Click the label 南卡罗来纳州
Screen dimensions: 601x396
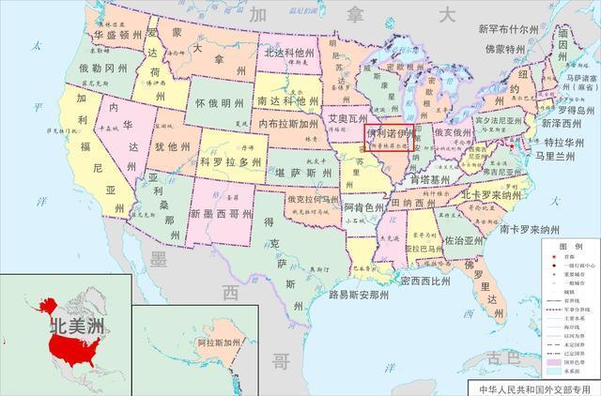537,229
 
